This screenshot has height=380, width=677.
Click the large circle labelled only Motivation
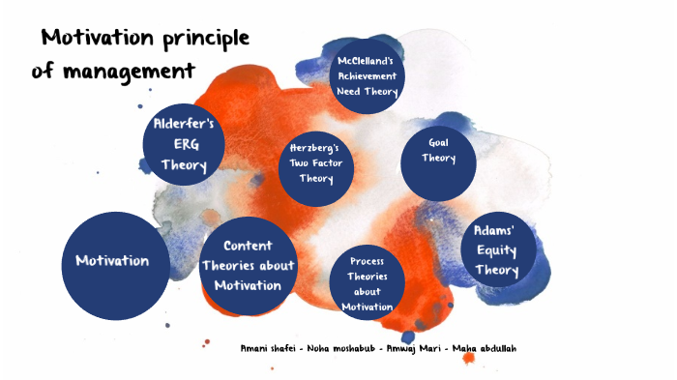[x=112, y=261]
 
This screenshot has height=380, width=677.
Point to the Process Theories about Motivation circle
[x=368, y=282]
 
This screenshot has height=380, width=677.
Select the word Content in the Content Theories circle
[x=247, y=247]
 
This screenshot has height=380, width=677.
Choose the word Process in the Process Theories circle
[x=368, y=261]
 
